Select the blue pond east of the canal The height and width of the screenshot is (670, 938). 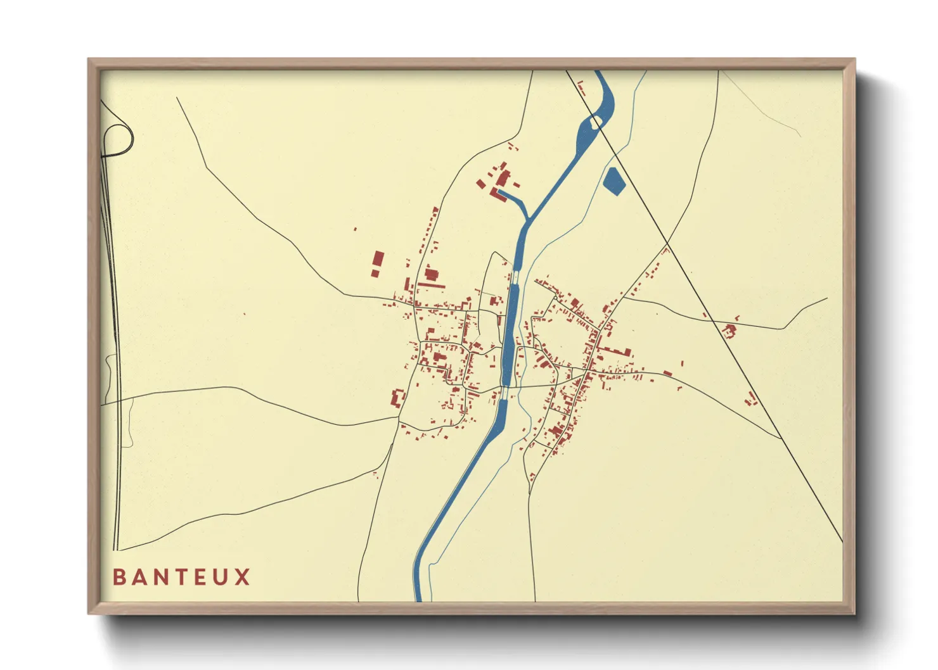tap(614, 180)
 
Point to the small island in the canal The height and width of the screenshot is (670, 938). tap(595, 122)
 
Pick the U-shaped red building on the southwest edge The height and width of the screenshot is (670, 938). tap(398, 399)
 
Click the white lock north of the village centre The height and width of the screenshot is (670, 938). tap(515, 277)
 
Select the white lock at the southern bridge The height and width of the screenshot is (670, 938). tap(504, 393)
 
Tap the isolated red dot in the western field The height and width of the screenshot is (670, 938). tap(245, 313)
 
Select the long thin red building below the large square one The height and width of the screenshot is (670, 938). tap(432, 286)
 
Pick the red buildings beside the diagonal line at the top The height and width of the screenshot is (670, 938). tap(581, 89)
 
